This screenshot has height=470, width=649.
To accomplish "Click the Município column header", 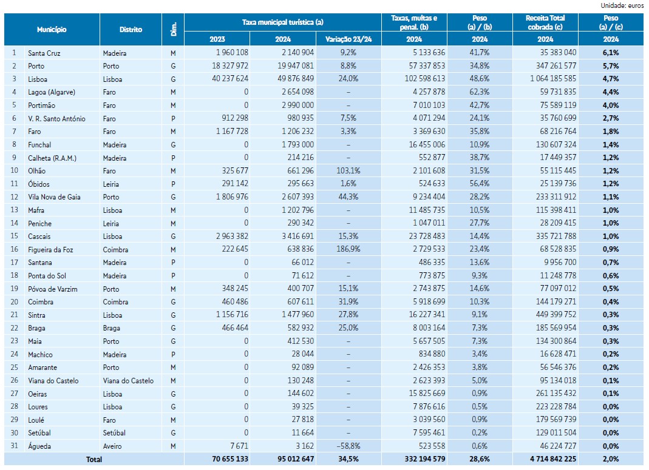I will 52,29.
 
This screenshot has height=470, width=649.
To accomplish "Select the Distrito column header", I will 131,29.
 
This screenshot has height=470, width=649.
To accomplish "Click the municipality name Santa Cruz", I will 44,53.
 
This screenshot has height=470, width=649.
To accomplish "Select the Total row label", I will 94,460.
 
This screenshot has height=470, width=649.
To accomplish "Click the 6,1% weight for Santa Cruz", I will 610,53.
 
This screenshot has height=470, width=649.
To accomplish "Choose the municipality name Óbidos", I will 39,184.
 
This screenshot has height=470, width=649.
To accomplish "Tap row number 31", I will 14,446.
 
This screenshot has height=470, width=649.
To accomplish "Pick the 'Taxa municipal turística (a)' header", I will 282,22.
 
